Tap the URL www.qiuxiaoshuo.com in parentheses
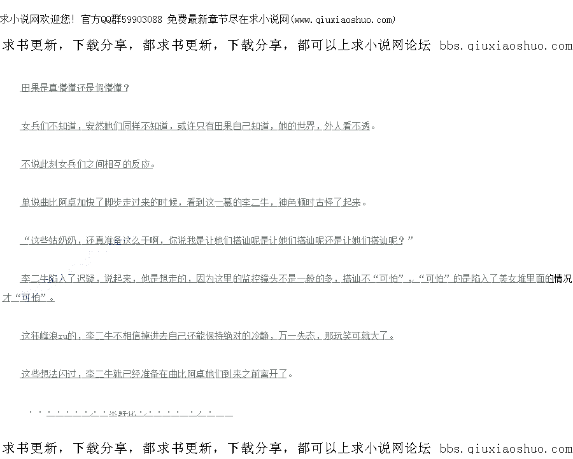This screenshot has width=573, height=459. (x=344, y=20)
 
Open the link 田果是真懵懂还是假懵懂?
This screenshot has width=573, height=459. (x=75, y=88)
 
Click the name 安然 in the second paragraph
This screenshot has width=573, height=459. (x=94, y=126)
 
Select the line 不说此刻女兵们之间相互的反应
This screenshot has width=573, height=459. (x=87, y=164)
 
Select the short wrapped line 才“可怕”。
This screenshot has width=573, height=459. (x=29, y=298)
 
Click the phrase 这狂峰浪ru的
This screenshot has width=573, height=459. (x=50, y=336)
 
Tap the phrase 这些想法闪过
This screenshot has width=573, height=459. (x=50, y=374)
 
